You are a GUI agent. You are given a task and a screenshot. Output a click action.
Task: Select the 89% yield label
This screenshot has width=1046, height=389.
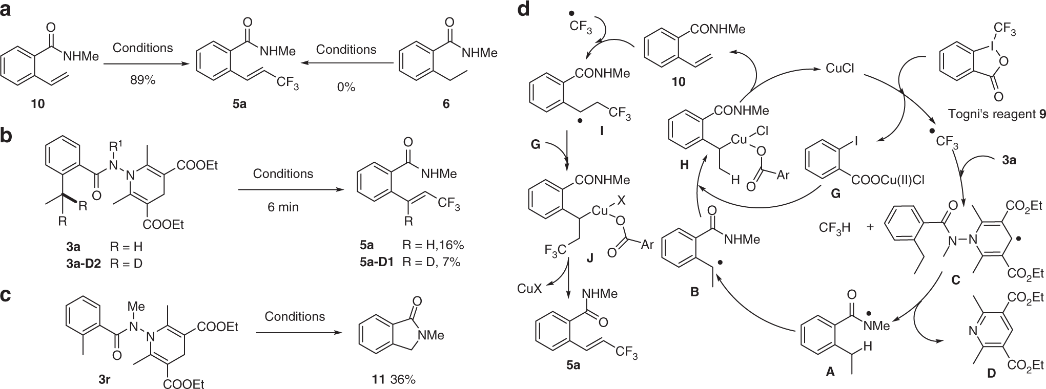tap(142, 81)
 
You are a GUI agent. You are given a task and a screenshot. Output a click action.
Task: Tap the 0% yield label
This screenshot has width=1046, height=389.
tap(346, 87)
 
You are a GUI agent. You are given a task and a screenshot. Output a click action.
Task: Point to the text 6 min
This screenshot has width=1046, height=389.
tap(282, 207)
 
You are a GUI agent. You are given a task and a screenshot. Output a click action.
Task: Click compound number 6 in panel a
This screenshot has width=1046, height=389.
tap(446, 103)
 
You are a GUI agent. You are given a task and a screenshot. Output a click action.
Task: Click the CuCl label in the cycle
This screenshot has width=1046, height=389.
tap(840, 68)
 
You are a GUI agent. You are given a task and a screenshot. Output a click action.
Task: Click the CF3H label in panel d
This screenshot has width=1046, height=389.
tap(832, 227)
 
